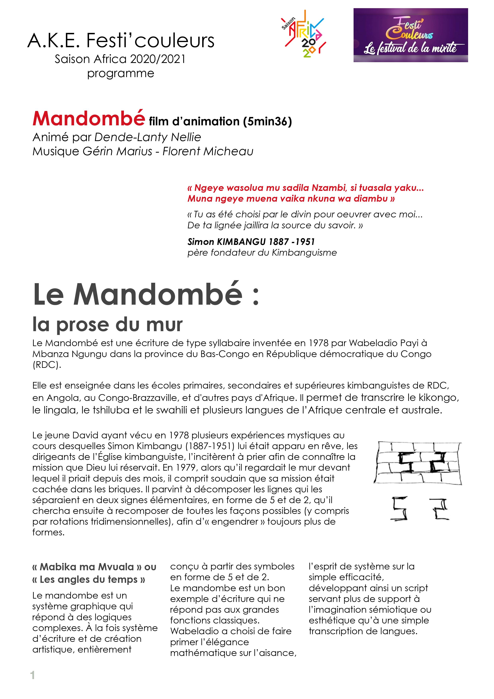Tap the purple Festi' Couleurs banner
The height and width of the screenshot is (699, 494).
[410, 35]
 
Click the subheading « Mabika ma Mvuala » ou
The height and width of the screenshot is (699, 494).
[94, 567]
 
